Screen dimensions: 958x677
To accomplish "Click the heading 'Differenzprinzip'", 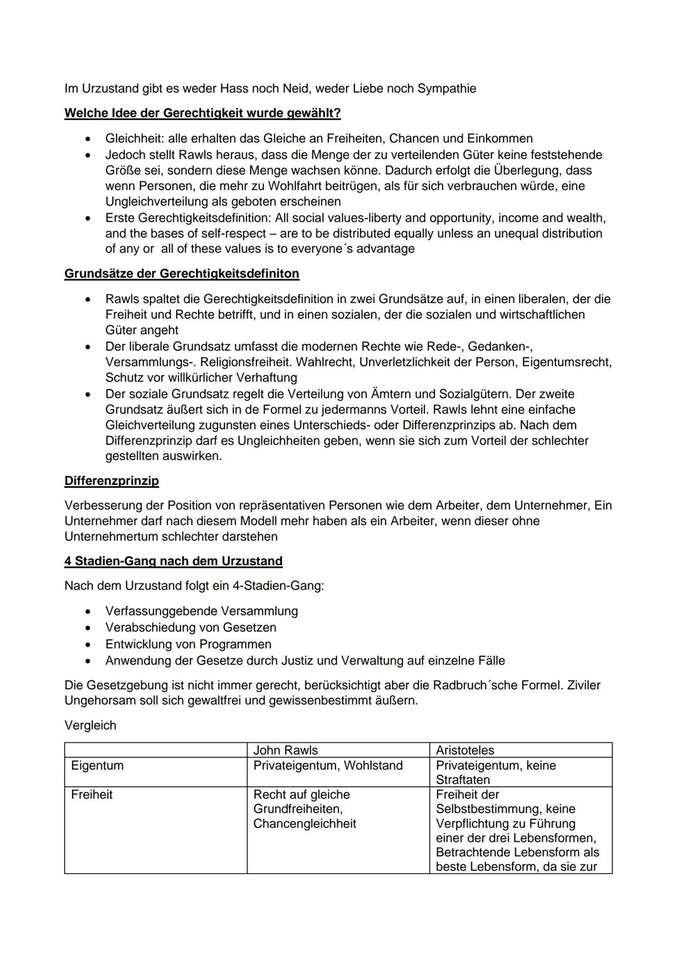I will coord(112,481).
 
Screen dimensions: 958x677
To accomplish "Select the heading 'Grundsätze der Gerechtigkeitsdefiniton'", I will coord(182,274).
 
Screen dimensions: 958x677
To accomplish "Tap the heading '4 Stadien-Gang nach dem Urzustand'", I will coord(174,561).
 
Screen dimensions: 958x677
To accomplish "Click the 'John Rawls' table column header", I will coord(285,750).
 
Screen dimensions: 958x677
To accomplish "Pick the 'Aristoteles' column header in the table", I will coord(465,750).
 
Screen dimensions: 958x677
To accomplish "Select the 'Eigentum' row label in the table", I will coord(97,765).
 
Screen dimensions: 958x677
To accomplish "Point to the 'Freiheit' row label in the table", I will coord(92,795).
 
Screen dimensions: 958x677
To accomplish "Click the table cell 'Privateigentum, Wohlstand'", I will coord(328,765).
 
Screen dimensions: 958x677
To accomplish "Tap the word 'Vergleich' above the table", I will coord(90,726).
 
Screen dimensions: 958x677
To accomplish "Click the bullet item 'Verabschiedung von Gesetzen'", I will coord(191,627).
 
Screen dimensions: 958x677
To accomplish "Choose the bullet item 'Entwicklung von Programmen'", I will coord(188,644).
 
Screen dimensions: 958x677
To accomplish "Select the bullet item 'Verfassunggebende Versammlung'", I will coord(201,611).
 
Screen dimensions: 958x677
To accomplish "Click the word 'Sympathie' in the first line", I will coord(447,88).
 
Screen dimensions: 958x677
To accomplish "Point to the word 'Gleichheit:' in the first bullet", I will coord(134,139).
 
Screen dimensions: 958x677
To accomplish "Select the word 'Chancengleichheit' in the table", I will coord(305,824).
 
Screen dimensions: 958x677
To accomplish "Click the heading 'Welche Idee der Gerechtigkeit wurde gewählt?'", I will coord(202,114).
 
